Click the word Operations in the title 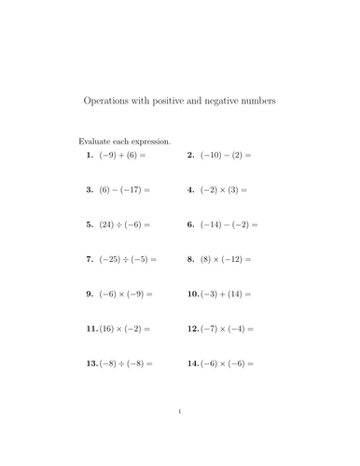pos(108,97)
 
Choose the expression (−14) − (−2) pos(223,225)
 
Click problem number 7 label pos(90,259)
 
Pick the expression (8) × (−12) pos(220,259)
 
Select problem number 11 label pos(91,329)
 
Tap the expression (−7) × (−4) pos(225,329)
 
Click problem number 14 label pos(192,363)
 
